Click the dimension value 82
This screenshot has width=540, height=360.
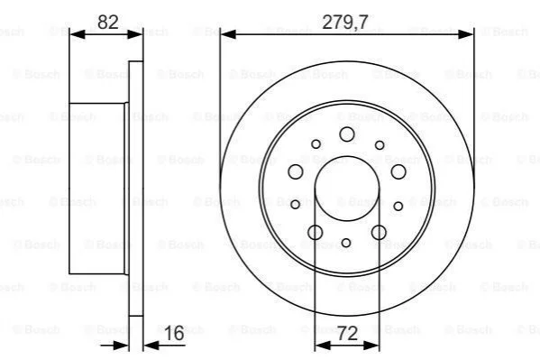click(108, 22)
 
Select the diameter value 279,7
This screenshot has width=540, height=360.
click(345, 22)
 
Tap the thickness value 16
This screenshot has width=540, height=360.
click(174, 333)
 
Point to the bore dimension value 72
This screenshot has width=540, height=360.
click(347, 334)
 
